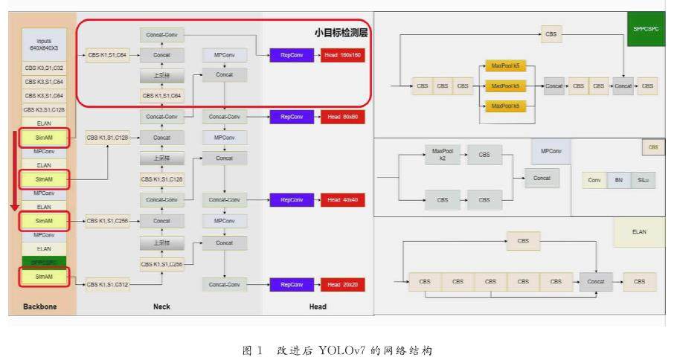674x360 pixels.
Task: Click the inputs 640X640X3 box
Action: [43, 43]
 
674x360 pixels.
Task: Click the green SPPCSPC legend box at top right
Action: [646, 30]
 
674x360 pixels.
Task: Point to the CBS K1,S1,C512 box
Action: [107, 284]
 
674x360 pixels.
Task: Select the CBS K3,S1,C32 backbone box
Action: [43, 68]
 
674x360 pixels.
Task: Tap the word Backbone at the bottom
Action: [39, 306]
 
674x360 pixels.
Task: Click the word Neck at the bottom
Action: [161, 306]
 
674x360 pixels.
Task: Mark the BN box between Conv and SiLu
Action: [618, 180]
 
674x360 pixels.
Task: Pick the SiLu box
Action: [643, 180]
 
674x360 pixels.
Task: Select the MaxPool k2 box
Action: [443, 155]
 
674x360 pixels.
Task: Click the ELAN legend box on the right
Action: [639, 232]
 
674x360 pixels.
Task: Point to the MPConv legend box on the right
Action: [551, 152]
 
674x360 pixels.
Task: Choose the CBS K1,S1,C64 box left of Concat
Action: [107, 54]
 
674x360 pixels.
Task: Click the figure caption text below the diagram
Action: [337, 349]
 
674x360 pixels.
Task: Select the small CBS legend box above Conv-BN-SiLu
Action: [653, 147]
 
